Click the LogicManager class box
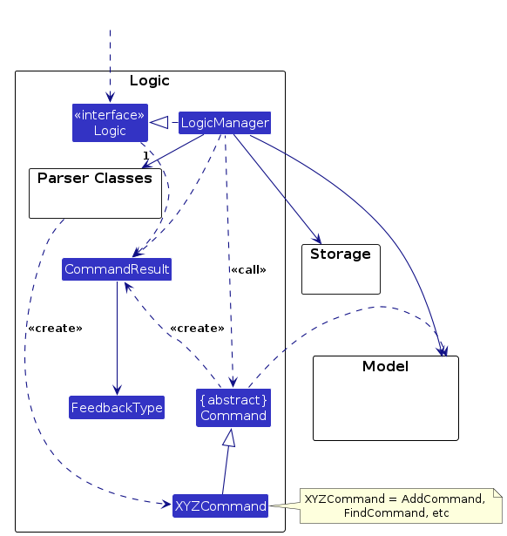(225, 123)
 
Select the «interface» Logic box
(110, 123)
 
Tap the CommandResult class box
(117, 269)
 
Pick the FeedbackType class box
(117, 408)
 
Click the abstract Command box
(233, 408)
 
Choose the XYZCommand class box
(220, 505)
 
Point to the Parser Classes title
(95, 178)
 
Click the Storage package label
(341, 254)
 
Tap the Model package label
(385, 366)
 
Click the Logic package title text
(150, 81)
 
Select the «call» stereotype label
(248, 269)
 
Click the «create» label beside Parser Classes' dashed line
(56, 329)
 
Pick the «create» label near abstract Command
(198, 329)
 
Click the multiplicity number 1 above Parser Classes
(145, 155)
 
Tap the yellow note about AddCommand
(401, 505)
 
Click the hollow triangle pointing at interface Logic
(159, 122)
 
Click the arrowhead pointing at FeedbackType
(118, 390)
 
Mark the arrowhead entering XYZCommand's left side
(166, 504)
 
